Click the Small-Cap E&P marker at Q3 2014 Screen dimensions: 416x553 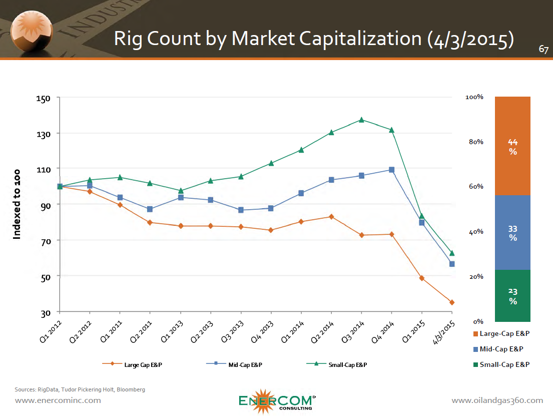(361, 120)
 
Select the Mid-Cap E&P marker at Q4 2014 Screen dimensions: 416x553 (391, 170)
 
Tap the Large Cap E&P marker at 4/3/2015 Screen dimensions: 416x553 (452, 302)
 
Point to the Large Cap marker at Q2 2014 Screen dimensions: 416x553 (331, 216)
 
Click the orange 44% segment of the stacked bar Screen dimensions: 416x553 (512, 146)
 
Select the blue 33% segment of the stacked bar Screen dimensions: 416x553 (512, 233)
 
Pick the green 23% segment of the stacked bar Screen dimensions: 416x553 (512, 296)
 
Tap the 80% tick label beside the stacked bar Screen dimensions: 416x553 (476, 142)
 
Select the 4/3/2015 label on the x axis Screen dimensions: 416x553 (444, 332)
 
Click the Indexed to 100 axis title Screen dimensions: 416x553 (17, 204)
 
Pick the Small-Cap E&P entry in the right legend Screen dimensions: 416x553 (504, 364)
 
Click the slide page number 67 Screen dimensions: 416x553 (543, 50)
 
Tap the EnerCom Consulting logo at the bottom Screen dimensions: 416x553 (276, 401)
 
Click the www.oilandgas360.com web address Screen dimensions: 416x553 (497, 400)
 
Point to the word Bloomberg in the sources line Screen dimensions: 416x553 (131, 389)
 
